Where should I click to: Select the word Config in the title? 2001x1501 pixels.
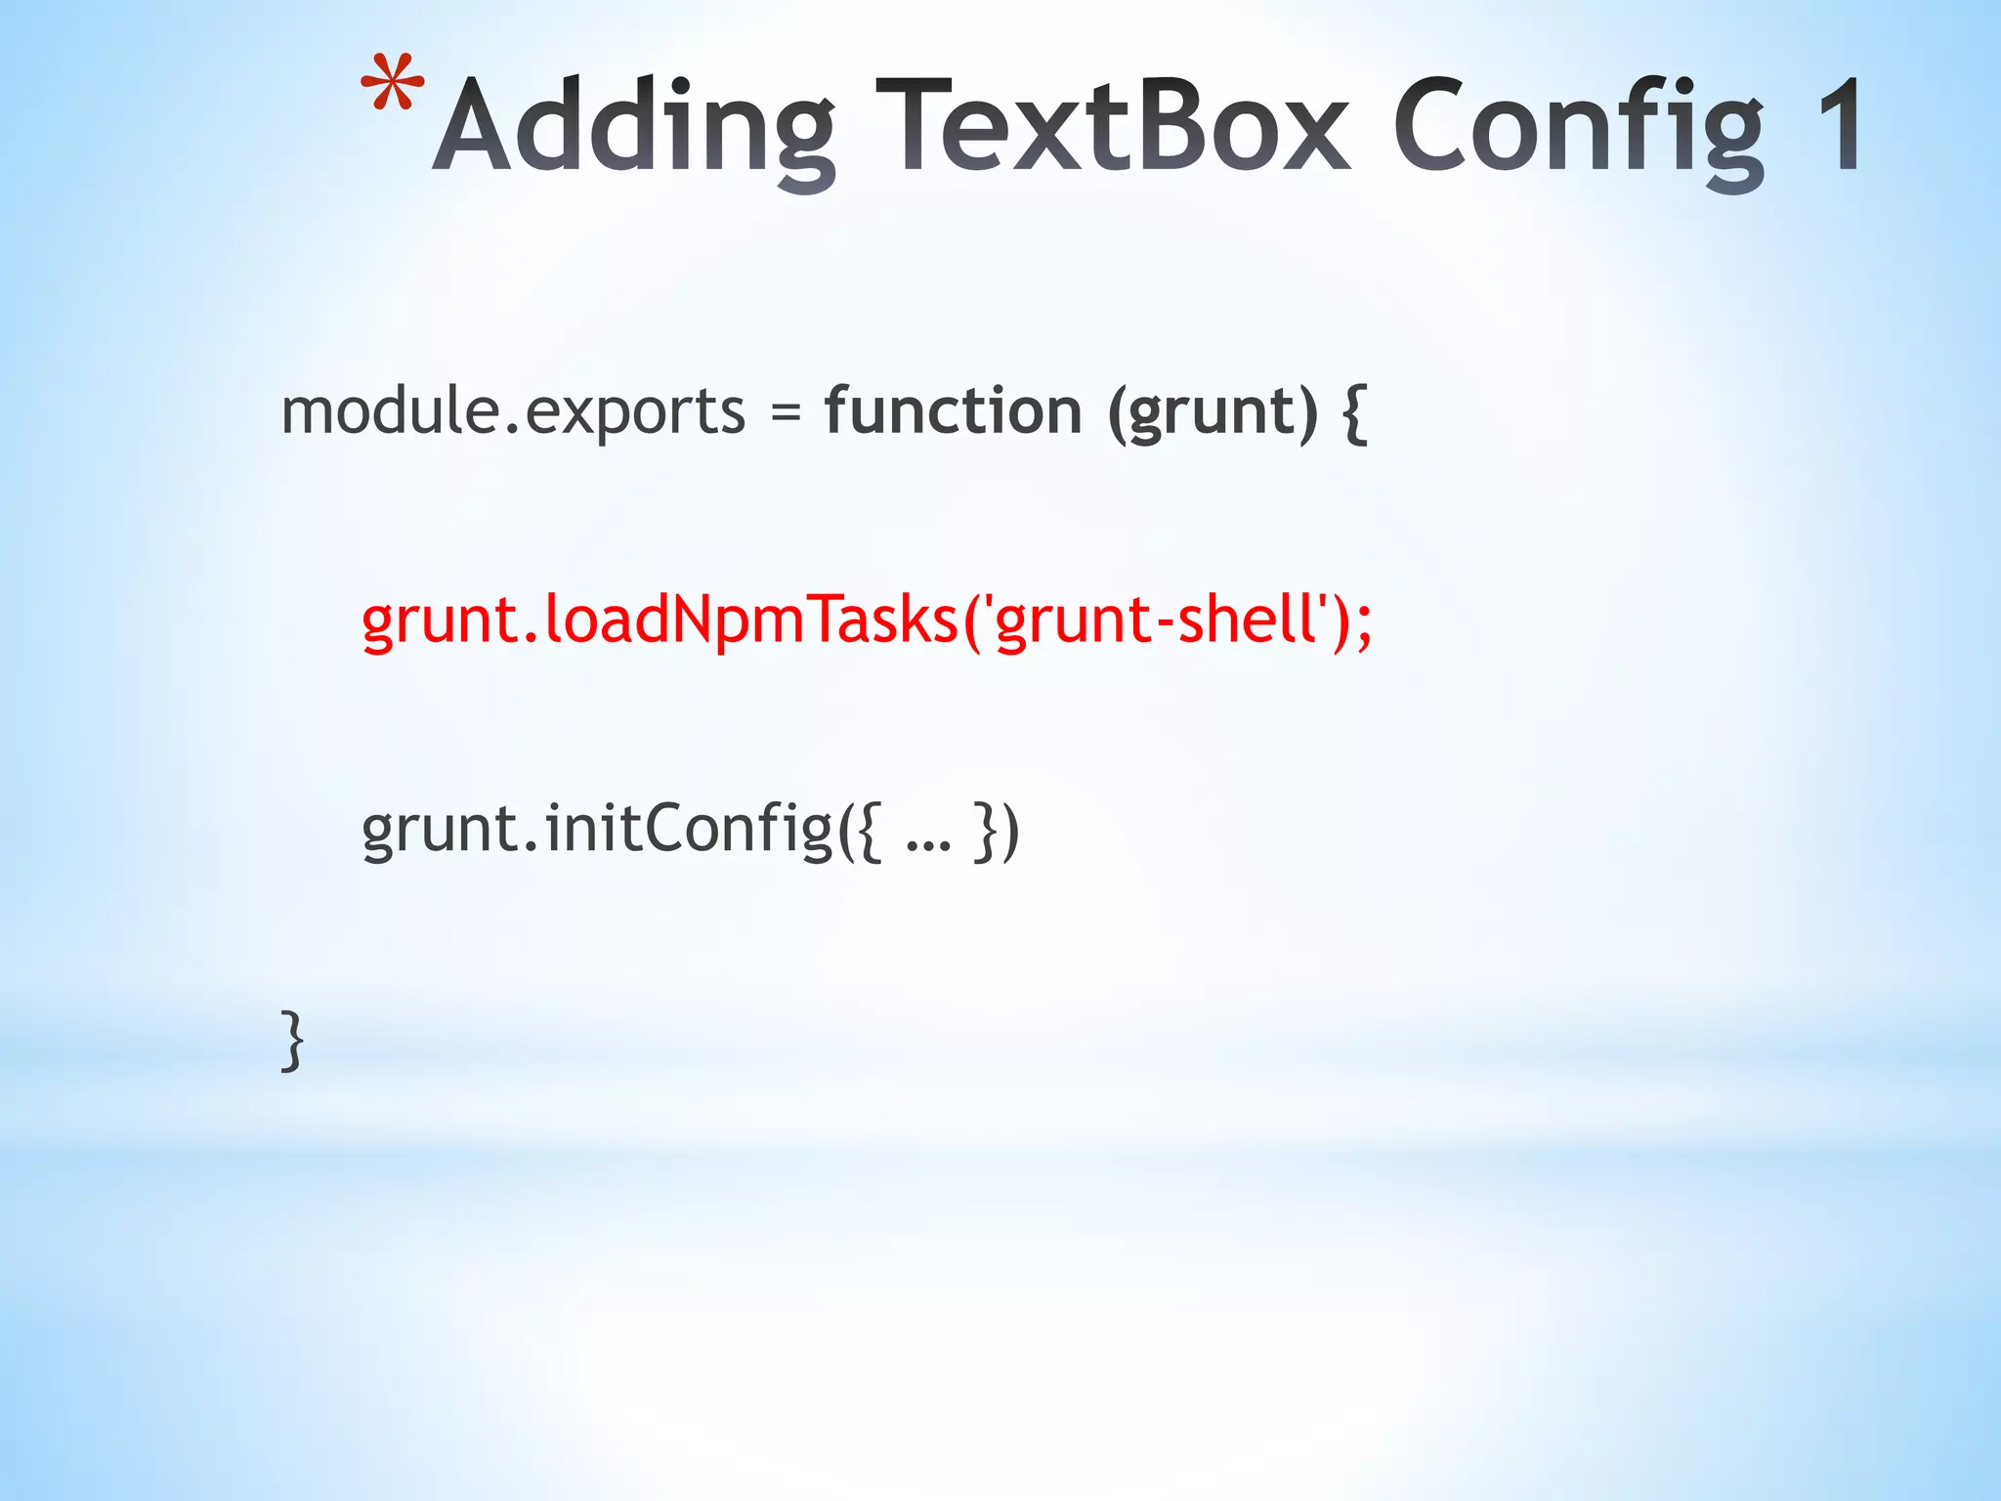[1579, 128]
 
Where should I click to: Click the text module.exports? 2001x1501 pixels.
[513, 411]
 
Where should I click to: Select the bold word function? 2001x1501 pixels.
[953, 410]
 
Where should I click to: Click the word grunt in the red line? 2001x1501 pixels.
[440, 622]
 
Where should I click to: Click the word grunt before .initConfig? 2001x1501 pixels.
[440, 832]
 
